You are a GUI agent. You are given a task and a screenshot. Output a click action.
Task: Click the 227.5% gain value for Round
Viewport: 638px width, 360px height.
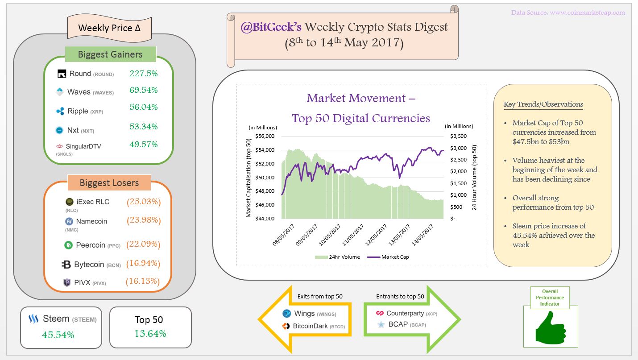[x=143, y=73]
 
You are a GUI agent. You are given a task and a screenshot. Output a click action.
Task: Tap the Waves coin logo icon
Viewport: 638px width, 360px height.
[x=59, y=92]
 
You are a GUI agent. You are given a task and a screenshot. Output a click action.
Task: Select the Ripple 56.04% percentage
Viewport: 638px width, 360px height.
[x=143, y=107]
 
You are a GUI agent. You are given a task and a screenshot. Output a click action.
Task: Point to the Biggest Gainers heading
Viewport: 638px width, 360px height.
[x=110, y=54]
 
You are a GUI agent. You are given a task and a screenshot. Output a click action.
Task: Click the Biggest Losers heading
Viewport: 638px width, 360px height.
[x=109, y=183]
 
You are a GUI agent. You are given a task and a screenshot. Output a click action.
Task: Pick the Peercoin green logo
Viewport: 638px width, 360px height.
[x=68, y=245]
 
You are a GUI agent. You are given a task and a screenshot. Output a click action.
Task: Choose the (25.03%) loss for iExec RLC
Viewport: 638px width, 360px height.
[x=143, y=202]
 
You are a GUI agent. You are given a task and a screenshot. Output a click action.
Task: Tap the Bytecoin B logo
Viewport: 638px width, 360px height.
[x=66, y=265]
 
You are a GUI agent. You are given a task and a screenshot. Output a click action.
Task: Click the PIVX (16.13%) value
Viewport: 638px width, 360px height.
[x=143, y=281]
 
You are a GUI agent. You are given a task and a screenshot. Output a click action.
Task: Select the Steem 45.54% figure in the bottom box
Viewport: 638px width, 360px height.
[x=58, y=335]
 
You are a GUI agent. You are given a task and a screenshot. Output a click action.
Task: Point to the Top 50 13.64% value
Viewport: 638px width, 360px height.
[x=150, y=334]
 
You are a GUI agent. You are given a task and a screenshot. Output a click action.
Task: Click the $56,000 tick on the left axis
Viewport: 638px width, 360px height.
[x=265, y=136]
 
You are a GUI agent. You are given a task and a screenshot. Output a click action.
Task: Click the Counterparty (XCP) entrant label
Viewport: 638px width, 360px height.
[x=406, y=314]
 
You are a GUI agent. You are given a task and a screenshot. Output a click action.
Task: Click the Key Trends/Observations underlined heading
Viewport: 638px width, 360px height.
[x=543, y=104]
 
